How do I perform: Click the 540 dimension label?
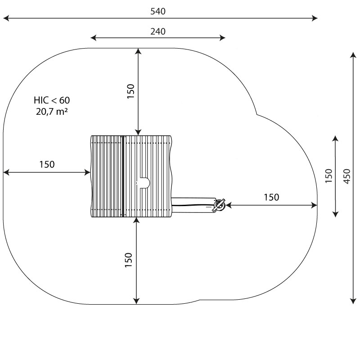(x=158, y=11)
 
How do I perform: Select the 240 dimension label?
(x=158, y=31)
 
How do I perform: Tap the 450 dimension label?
(x=347, y=176)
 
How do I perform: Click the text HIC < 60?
(x=52, y=100)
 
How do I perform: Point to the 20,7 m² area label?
(x=52, y=112)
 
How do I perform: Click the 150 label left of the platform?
(x=47, y=164)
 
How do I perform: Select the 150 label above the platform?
(x=130, y=91)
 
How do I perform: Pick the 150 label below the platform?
(x=129, y=260)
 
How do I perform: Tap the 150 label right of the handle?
(x=271, y=197)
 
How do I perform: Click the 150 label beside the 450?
(x=329, y=176)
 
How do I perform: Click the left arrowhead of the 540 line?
(x=6, y=18)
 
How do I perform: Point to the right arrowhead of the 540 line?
(x=315, y=18)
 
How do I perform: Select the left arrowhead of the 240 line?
(x=94, y=38)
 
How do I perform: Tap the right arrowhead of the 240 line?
(x=222, y=38)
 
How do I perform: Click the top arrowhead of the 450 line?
(x=353, y=55)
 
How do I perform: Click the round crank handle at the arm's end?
(x=219, y=205)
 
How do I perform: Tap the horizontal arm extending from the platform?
(x=193, y=205)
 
